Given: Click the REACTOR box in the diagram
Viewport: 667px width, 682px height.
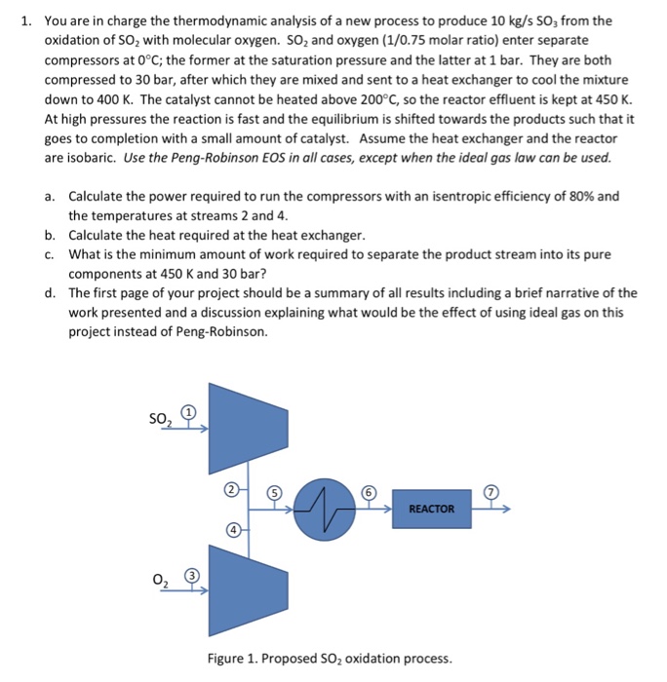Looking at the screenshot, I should [431, 509].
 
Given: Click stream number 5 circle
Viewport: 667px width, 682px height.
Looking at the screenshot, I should [276, 494].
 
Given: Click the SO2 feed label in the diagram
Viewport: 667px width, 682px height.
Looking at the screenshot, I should [160, 419].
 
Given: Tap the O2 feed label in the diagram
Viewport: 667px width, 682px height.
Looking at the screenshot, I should [162, 583].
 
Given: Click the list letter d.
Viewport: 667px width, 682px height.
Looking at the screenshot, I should [50, 292].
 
